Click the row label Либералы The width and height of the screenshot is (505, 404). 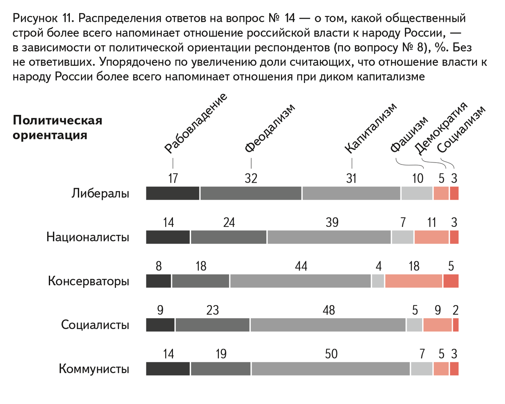click(x=100, y=194)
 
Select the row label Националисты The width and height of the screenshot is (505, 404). click(x=88, y=237)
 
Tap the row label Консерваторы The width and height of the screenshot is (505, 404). click(x=88, y=281)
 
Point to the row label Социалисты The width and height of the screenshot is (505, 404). click(x=95, y=325)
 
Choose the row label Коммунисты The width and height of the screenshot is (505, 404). click(x=94, y=369)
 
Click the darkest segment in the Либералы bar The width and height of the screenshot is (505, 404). click(x=173, y=193)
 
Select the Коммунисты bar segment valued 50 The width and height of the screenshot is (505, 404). click(x=331, y=369)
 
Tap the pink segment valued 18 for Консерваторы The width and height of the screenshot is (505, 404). click(x=414, y=281)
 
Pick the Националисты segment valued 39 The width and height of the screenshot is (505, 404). click(x=329, y=237)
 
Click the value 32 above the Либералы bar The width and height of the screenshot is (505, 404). click(x=251, y=178)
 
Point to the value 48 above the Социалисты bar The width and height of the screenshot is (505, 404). click(x=329, y=310)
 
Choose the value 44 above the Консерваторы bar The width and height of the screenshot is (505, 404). click(x=301, y=266)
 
